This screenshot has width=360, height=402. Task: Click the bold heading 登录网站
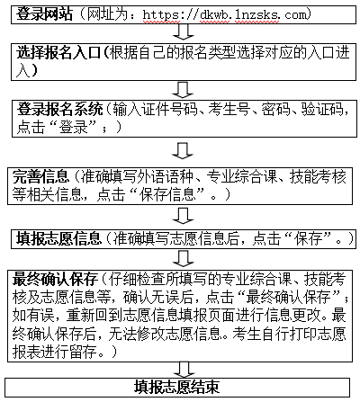[44, 13]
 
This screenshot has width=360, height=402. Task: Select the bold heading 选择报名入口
[58, 53]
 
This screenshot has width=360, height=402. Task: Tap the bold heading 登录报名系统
[60, 109]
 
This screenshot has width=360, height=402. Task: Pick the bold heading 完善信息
[40, 176]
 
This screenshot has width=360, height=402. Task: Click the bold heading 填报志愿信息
[59, 238]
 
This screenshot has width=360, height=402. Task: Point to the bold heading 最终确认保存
[55, 280]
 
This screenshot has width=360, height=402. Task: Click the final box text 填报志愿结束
[176, 387]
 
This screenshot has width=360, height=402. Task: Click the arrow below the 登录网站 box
[184, 31]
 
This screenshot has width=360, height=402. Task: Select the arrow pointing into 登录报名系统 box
[183, 90]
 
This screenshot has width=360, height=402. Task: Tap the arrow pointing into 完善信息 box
[183, 150]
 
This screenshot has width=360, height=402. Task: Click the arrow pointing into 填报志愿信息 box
[183, 216]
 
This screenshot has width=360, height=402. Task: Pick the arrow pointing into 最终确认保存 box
[184, 258]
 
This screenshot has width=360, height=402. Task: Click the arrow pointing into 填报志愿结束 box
[184, 370]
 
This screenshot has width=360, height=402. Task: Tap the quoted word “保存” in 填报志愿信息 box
[308, 238]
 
